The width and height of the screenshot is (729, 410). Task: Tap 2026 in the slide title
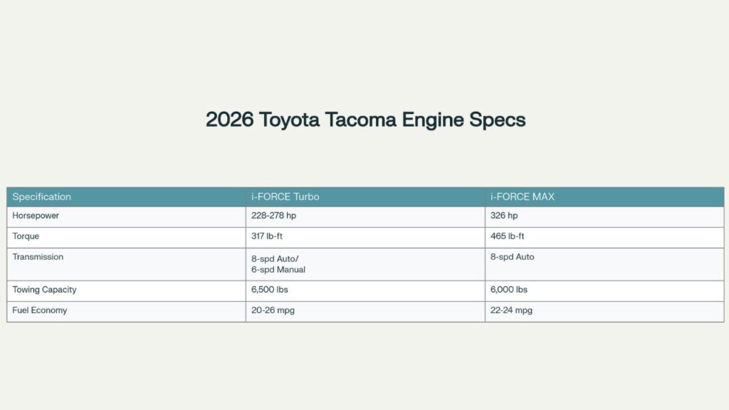pos(230,119)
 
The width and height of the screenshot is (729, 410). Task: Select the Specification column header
pos(41,196)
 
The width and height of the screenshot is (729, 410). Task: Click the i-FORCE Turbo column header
pos(285,196)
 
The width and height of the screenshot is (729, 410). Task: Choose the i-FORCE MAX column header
pos(522,196)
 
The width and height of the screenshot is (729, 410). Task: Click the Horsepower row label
pos(36,216)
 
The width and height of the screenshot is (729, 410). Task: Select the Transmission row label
pos(38,257)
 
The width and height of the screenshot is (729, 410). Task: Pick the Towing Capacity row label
pos(44,290)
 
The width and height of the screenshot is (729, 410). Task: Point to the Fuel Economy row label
pos(40,310)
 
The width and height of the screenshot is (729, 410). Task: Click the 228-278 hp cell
pos(274,216)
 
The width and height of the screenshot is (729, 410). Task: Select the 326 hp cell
pos(504,216)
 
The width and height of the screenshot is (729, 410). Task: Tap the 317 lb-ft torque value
pos(268,236)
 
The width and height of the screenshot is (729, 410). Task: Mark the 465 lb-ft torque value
pos(508,236)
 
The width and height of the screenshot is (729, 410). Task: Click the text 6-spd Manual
pos(278,270)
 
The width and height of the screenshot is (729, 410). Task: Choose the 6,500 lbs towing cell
pos(270,290)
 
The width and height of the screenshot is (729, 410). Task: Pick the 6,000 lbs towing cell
pos(509,290)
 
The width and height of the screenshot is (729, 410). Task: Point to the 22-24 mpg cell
pos(511,310)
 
